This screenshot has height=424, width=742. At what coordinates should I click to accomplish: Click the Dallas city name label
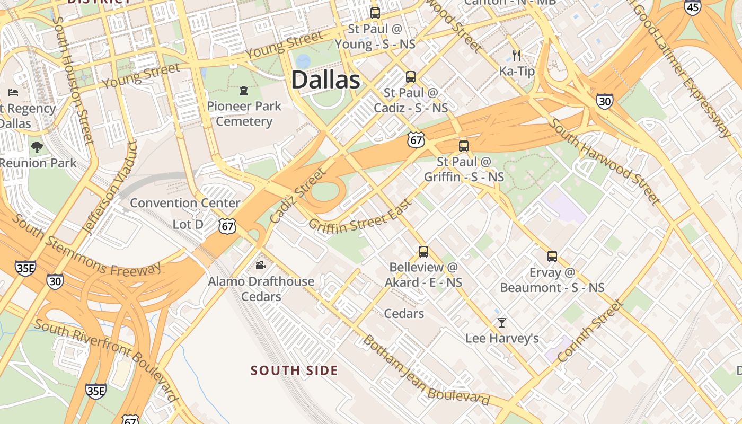tap(325, 80)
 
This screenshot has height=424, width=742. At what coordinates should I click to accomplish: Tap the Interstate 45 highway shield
tap(692, 7)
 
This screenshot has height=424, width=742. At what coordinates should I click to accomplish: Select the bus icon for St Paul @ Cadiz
tap(411, 77)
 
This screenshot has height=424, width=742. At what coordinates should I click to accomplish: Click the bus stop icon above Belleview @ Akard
tap(423, 252)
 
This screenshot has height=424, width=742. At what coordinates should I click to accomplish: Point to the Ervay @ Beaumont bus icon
tap(552, 257)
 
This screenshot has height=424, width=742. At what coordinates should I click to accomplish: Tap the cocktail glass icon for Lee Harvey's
tap(501, 322)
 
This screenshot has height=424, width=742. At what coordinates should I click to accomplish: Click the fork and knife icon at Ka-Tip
tap(517, 55)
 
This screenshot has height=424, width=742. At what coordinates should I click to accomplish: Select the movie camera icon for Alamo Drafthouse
tap(260, 265)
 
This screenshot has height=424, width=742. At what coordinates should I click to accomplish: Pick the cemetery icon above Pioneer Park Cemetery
tap(244, 91)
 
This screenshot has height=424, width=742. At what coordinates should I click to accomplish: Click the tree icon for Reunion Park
tap(37, 147)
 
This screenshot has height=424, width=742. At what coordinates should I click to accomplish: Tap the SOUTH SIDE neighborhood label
tap(294, 370)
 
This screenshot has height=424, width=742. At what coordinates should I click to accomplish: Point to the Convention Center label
tap(185, 203)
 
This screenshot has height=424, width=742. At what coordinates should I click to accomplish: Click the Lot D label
tap(188, 225)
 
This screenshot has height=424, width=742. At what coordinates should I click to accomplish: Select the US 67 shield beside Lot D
tap(227, 226)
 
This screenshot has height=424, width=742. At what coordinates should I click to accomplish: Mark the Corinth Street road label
tap(589, 332)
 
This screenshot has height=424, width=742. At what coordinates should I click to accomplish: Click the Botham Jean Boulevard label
tap(425, 372)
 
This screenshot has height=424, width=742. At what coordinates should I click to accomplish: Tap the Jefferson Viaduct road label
tap(110, 187)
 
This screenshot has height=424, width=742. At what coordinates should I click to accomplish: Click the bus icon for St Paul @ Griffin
tap(464, 146)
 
